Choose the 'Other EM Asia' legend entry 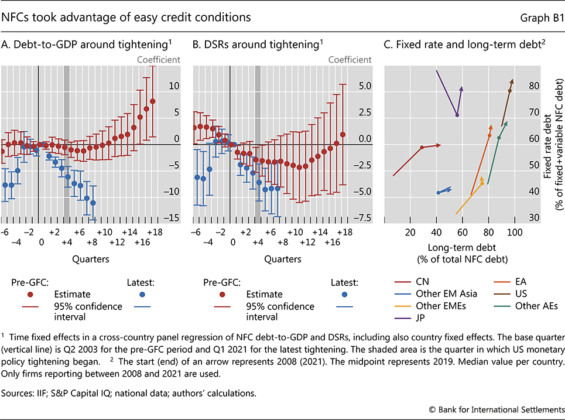(x=443, y=293)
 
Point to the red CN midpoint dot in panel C (x=422, y=148)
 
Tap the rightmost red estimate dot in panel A (x=152, y=101)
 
